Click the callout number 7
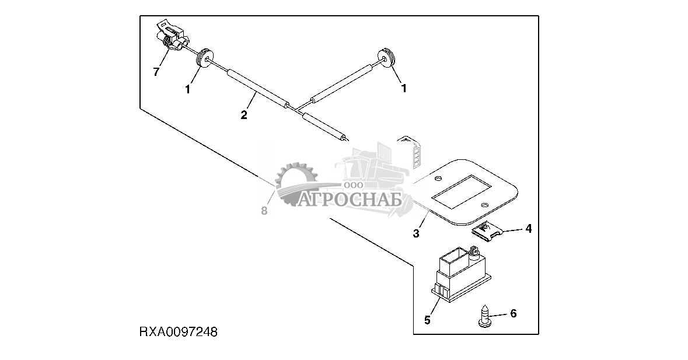(x=156, y=72)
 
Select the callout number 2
(x=244, y=115)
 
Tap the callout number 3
(x=416, y=234)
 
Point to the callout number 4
(x=528, y=229)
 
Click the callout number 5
(x=427, y=320)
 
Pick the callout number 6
(x=514, y=313)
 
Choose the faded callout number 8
(x=264, y=211)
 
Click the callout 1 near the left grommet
(x=187, y=89)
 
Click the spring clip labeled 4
(x=488, y=232)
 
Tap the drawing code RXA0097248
(x=179, y=332)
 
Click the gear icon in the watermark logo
(x=295, y=183)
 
